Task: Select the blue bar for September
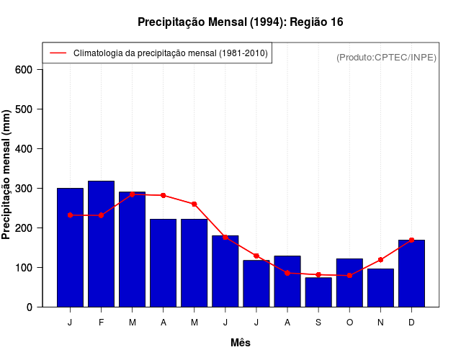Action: click(318, 292)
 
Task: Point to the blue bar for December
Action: click(411, 273)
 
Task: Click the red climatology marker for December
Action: click(411, 240)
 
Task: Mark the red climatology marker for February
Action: click(101, 215)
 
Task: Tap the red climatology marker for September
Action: click(318, 274)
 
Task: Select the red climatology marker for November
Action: click(380, 260)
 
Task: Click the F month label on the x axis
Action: click(101, 322)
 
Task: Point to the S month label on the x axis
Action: click(318, 322)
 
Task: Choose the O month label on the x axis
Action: click(349, 322)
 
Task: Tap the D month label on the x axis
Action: click(411, 322)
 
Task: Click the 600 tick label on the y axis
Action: click(24, 70)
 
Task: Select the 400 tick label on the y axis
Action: click(24, 149)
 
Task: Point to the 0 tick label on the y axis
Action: click(30, 307)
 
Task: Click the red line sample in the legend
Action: click(58, 53)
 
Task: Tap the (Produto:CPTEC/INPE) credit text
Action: click(386, 57)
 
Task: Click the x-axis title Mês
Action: click(241, 343)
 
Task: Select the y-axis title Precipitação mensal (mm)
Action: click(6, 174)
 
